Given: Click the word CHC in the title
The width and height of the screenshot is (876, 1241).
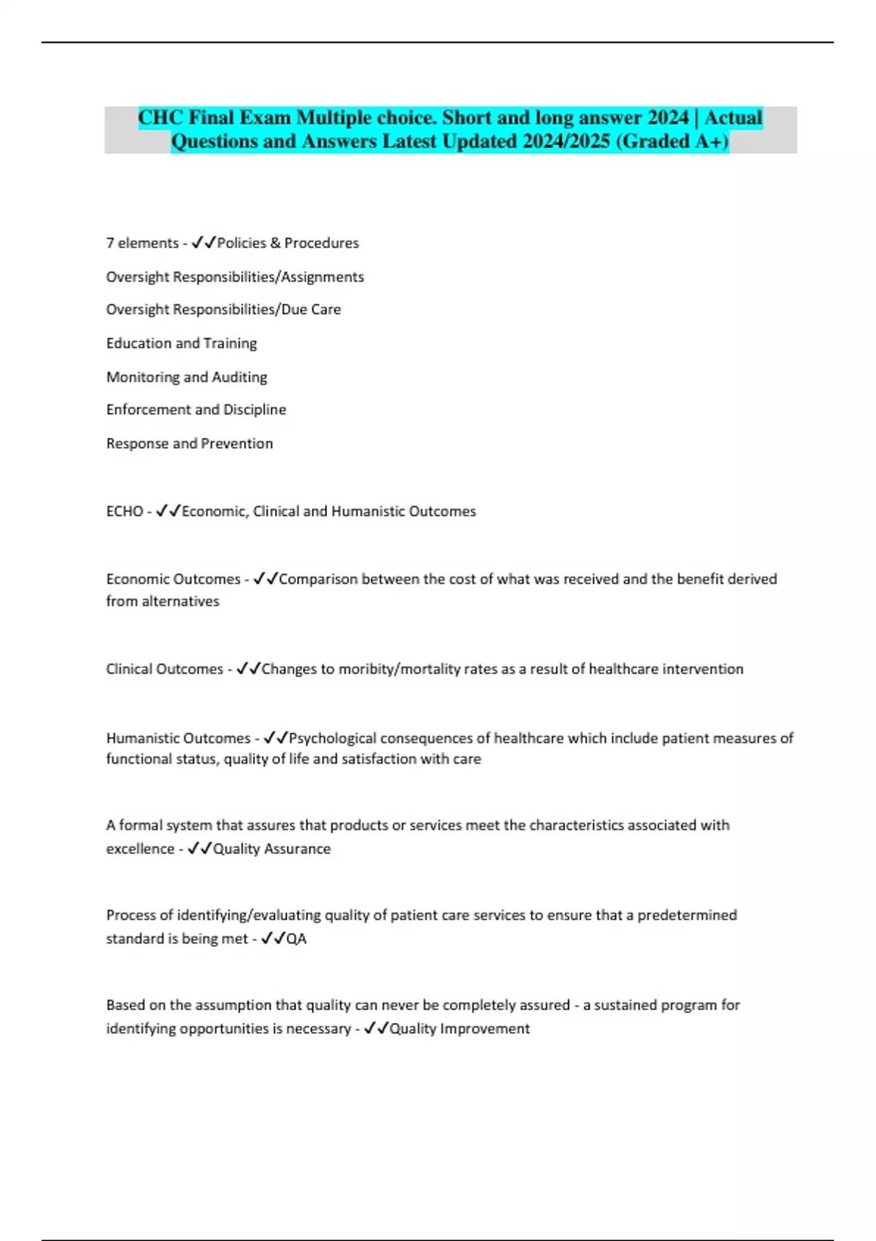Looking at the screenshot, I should click(160, 118).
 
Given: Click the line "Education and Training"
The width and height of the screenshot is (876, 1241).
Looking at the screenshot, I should click(182, 343).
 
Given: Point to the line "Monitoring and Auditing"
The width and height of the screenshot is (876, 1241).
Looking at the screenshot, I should click(187, 377).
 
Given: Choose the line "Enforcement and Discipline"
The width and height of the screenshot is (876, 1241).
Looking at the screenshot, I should click(196, 410).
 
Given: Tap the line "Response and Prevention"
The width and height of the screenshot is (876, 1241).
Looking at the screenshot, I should click(190, 443).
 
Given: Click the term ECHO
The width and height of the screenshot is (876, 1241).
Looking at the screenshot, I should click(124, 511).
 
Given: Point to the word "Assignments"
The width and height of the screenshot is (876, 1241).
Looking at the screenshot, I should click(322, 277).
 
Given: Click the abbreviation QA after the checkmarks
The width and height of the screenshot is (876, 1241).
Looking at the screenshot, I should click(296, 939).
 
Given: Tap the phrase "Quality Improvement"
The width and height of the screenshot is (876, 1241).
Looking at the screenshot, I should click(459, 1029).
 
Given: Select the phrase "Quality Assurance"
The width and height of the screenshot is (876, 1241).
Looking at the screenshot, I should click(272, 849).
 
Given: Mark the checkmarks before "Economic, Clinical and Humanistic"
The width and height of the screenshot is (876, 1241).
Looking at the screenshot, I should click(168, 511).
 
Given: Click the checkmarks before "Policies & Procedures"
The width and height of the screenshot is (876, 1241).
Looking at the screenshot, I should click(204, 243).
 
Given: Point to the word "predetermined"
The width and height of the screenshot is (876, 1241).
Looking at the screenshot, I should click(687, 915).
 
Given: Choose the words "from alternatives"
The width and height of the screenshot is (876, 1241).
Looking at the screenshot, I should click(163, 602).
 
